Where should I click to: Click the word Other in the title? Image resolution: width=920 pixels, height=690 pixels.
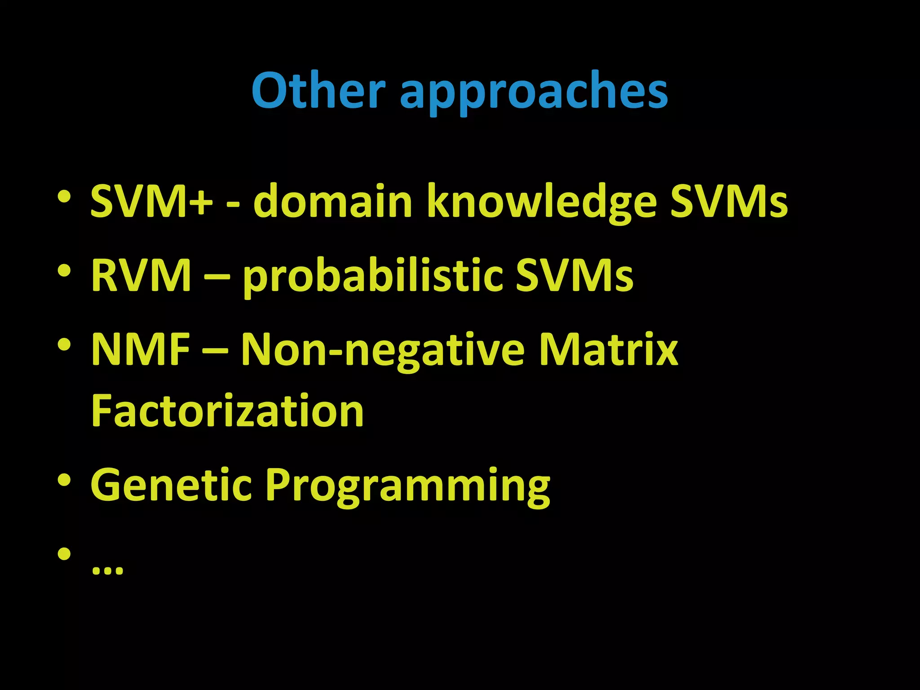(318, 91)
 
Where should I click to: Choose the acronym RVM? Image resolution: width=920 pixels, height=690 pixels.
(141, 275)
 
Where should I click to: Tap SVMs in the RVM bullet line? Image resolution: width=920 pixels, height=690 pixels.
(574, 275)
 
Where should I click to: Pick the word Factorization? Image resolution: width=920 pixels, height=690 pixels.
(227, 411)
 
